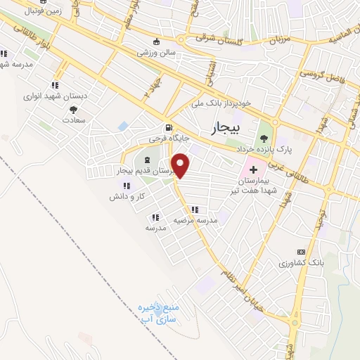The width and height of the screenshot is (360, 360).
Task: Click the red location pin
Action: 181,165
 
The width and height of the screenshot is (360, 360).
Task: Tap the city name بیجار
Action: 225,128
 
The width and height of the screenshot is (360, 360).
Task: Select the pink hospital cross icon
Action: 253,171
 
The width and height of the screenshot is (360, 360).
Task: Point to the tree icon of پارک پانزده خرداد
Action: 264,138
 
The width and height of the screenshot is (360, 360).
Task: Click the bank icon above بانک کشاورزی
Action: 302,252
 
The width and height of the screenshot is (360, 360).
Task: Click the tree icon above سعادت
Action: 73,109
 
